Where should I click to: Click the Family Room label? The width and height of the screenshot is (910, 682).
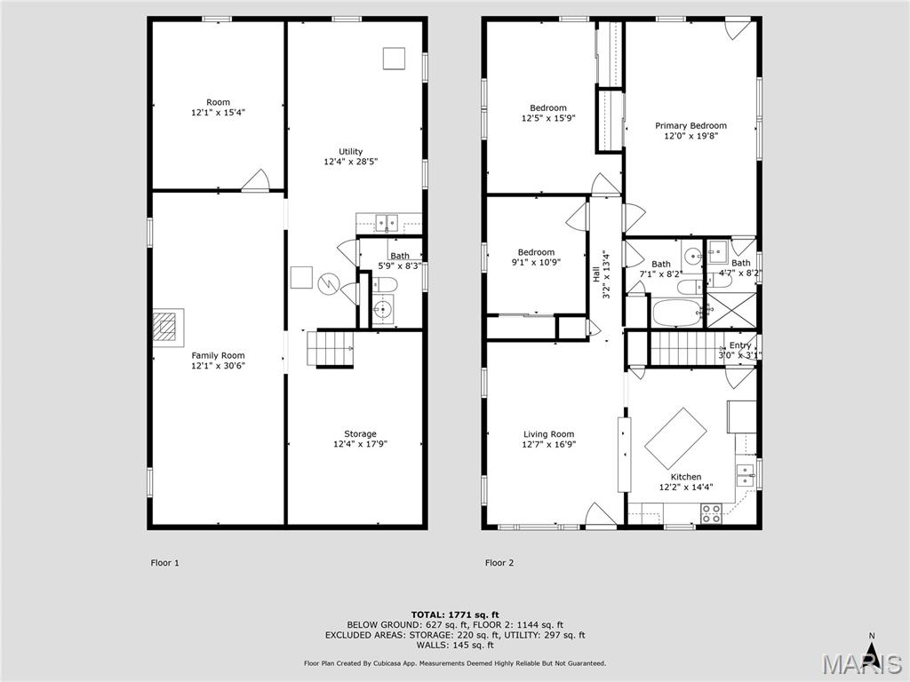click(218, 356)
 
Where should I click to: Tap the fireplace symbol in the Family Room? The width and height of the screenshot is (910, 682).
click(168, 325)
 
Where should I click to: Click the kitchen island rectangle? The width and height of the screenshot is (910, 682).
click(675, 438)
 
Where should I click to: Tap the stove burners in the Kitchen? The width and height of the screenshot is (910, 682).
click(711, 513)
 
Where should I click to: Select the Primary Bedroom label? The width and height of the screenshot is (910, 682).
click(690, 126)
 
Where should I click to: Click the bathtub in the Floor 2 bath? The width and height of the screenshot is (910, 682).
click(675, 312)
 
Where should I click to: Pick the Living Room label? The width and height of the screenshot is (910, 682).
click(548, 434)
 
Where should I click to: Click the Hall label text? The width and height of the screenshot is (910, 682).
click(596, 275)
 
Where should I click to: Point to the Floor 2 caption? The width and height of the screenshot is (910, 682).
click(499, 562)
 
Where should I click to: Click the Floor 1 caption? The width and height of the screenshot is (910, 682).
click(164, 562)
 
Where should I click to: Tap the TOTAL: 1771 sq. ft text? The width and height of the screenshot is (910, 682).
click(454, 615)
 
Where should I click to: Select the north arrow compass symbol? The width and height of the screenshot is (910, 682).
click(872, 653)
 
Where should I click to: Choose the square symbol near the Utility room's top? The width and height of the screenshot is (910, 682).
click(394, 58)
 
